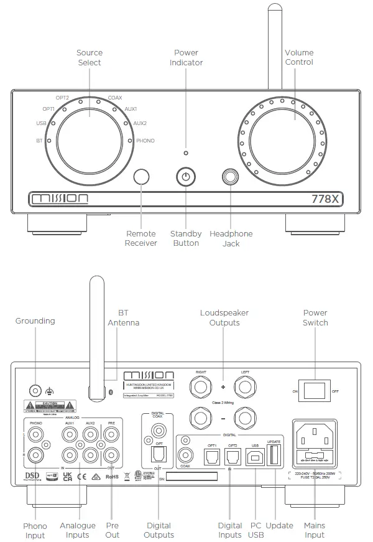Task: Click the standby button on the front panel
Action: (185, 177)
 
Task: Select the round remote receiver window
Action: (142, 177)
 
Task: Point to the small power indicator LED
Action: (185, 152)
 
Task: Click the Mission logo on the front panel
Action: (60, 199)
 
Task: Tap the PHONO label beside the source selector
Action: (145, 141)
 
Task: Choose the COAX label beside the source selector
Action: (115, 98)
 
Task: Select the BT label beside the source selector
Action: (39, 141)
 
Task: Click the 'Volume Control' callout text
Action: (298, 57)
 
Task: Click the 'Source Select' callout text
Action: (89, 58)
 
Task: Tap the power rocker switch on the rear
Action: (317, 391)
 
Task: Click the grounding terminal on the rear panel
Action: (36, 391)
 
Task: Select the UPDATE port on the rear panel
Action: (274, 457)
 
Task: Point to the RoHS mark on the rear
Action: (112, 477)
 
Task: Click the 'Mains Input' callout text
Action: (315, 530)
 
